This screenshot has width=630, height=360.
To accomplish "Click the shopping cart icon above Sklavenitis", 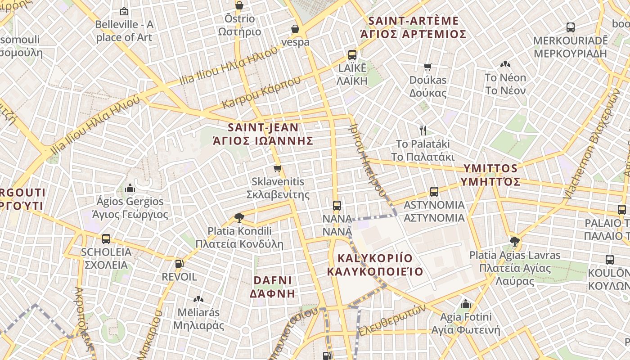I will pyautogui.click(x=278, y=169).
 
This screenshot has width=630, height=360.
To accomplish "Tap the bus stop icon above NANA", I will pyautogui.click(x=337, y=206).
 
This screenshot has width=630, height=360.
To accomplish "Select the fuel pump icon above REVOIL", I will pyautogui.click(x=179, y=264).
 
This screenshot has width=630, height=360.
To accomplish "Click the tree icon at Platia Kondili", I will pyautogui.click(x=239, y=218).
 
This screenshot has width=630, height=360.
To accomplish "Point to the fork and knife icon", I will pyautogui.click(x=423, y=130).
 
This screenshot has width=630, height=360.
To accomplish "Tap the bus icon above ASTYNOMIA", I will pyautogui.click(x=434, y=192).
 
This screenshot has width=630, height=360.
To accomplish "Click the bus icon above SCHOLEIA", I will pyautogui.click(x=106, y=238).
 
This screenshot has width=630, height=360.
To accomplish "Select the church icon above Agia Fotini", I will pyautogui.click(x=466, y=304).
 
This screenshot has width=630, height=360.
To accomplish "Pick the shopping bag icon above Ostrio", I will pyautogui.click(x=239, y=5).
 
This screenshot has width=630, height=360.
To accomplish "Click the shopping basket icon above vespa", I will pyautogui.click(x=295, y=29).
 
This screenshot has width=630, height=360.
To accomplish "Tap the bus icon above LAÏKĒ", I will pyautogui.click(x=352, y=55).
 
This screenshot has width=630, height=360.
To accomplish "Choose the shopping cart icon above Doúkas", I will pyautogui.click(x=428, y=67).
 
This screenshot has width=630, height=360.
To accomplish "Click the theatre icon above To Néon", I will pyautogui.click(x=505, y=64).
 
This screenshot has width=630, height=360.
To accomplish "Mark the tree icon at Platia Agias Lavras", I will pyautogui.click(x=515, y=242).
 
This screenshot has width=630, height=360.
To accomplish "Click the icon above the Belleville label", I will pyautogui.click(x=124, y=11).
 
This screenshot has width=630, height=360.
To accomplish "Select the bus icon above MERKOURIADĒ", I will pyautogui.click(x=570, y=27).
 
